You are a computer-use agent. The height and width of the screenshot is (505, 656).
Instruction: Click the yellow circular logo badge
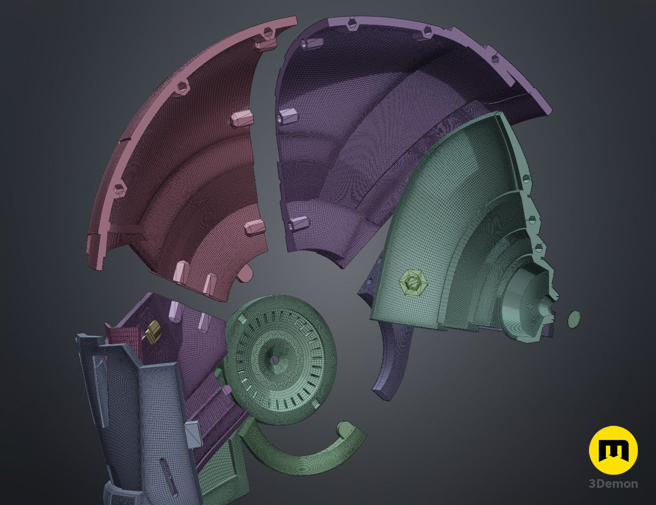click(x=613, y=450)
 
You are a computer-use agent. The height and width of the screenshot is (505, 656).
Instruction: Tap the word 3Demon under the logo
click(x=613, y=484)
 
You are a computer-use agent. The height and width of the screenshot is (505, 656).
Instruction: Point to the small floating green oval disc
click(x=574, y=319)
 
